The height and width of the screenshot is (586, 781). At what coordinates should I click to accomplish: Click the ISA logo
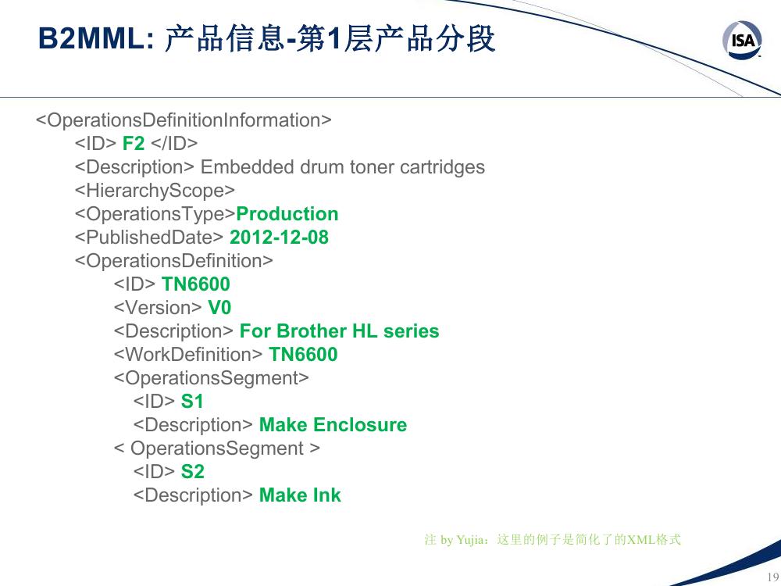point(742,40)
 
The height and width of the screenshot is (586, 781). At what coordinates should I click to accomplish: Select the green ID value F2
point(134,144)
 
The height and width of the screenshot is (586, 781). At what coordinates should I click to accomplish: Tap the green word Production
point(287,214)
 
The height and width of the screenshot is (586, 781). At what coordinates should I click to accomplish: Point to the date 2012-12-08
point(279,238)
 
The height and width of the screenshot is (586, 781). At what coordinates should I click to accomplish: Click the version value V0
point(219,307)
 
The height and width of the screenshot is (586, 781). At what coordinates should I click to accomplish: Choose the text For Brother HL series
point(339,331)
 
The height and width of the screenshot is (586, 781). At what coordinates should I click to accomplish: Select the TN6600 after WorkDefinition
point(303,354)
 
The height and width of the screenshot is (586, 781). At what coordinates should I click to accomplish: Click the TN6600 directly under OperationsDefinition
point(196,284)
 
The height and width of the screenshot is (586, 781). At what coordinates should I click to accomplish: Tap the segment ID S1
point(192,401)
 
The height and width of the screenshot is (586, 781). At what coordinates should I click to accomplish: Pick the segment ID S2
point(193,471)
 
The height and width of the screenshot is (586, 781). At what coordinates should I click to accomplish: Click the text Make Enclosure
point(333,424)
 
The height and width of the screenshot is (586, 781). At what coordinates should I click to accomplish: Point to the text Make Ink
point(301,495)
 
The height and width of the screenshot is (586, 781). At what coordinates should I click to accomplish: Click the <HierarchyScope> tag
point(155,191)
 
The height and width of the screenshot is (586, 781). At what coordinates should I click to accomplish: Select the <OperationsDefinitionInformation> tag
point(184,120)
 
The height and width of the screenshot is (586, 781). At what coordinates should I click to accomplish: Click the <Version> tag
point(158,307)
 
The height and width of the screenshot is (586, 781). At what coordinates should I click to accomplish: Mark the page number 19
point(773,577)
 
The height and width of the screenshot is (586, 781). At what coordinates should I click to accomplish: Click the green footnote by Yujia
point(553,539)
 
